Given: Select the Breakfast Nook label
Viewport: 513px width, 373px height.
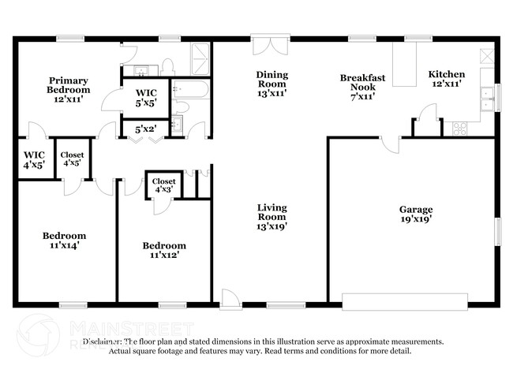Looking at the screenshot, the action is coord(362,87).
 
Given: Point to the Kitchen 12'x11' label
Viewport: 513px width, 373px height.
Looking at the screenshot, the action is coord(445,79).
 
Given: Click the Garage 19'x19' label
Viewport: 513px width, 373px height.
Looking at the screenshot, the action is coord(415,214).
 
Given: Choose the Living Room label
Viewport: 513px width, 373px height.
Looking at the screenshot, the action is coord(271,217).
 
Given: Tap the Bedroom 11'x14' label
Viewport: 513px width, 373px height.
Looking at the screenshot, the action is coord(64,241).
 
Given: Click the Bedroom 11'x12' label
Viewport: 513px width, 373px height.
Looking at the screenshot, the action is coord(164,250).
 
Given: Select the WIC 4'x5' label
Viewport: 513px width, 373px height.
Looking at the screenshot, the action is coord(34,159).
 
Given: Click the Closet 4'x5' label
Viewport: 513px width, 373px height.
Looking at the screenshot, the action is coord(73,159).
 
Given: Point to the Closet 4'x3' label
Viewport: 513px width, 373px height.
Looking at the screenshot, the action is coord(164,185).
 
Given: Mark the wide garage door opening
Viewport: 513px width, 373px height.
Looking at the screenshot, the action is coord(405,300).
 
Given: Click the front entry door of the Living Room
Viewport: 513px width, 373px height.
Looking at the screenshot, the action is coord(230,298).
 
